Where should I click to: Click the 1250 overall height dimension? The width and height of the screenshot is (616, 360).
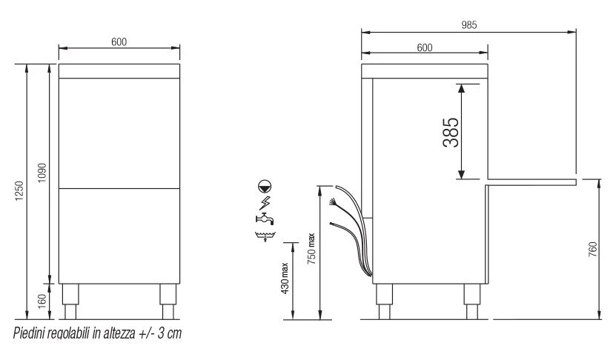tap(19, 191)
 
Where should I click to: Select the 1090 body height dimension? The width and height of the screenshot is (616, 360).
tap(42, 173)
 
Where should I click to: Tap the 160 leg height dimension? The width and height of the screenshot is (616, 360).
tap(42, 301)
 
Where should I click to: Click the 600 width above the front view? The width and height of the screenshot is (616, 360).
tap(119, 42)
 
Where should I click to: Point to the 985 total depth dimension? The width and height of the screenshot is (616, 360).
tap(468, 25)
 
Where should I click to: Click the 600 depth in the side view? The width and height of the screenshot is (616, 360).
tap(425, 48)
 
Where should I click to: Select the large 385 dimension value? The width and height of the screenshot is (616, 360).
tap(451, 133)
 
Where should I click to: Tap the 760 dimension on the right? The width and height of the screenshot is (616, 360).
tap(593, 250)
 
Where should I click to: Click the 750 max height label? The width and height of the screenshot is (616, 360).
tap(311, 248)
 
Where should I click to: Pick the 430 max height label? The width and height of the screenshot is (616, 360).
tap(285, 278)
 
